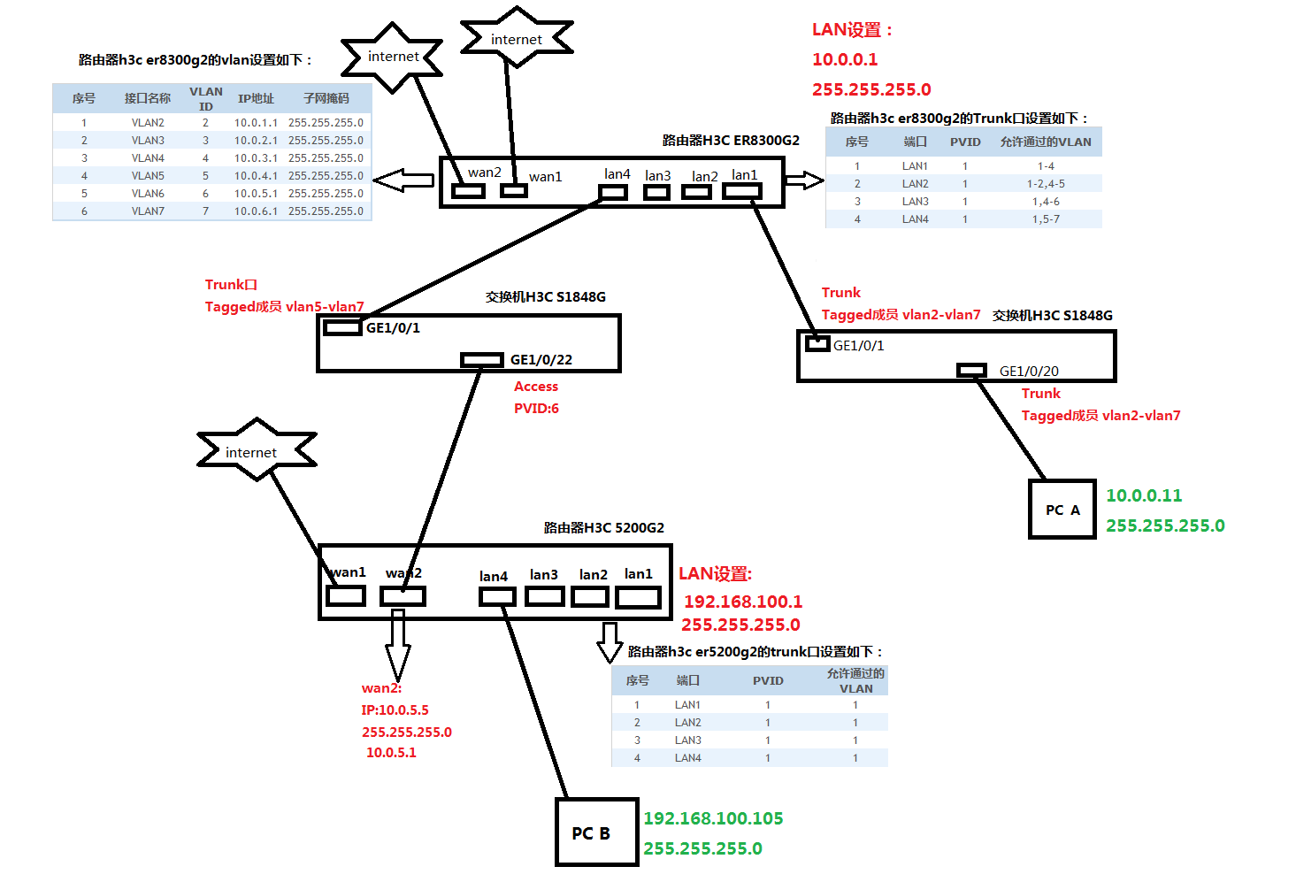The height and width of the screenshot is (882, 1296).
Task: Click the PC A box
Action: tap(1062, 510)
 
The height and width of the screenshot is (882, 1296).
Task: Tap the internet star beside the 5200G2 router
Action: tap(255, 451)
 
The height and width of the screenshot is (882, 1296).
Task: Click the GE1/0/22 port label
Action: tap(541, 360)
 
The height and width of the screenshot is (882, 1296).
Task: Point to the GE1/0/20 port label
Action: tap(1029, 372)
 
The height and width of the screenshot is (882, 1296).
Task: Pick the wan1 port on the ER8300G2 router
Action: tap(513, 189)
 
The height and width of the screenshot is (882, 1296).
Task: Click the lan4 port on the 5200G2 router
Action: tap(497, 596)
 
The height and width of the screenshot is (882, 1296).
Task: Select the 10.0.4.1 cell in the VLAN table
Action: tap(256, 176)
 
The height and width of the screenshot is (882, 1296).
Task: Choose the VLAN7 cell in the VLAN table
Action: tap(148, 211)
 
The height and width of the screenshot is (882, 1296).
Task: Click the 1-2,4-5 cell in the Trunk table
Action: tap(1046, 184)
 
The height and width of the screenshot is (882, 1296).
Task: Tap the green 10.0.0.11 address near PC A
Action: tap(1144, 496)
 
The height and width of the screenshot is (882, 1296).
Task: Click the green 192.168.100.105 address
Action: tap(713, 818)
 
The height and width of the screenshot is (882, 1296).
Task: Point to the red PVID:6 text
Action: tap(536, 409)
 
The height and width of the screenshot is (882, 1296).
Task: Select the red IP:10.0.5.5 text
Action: tap(395, 710)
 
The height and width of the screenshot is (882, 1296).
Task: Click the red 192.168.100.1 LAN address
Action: tap(743, 602)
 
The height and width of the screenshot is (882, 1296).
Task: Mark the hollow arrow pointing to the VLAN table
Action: tap(403, 180)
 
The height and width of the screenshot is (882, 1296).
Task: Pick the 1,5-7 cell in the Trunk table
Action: tap(1046, 219)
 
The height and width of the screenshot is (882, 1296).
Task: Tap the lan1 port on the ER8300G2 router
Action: tap(741, 189)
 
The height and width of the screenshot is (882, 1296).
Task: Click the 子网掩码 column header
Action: tap(326, 98)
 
